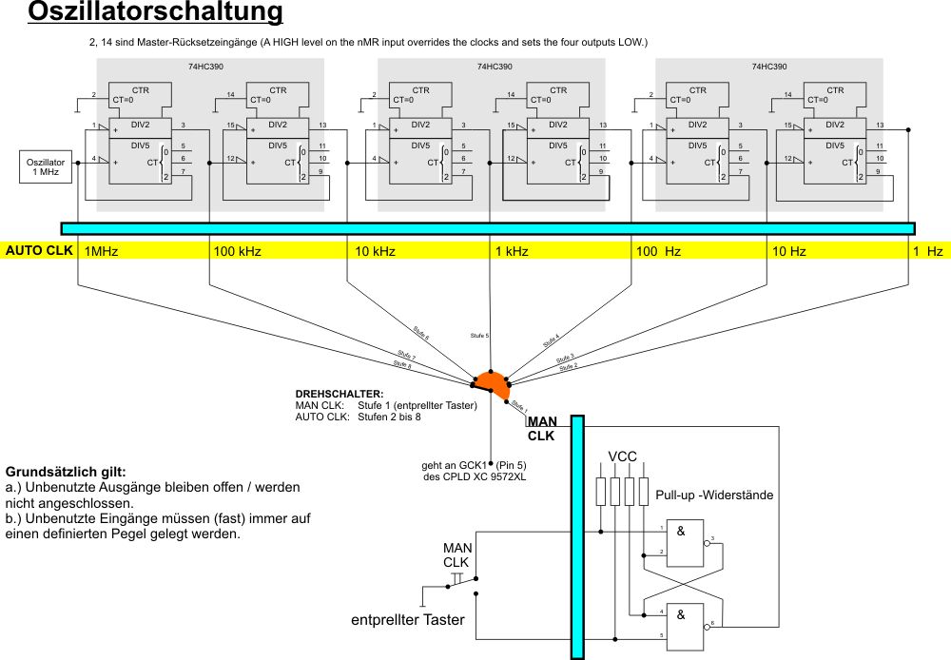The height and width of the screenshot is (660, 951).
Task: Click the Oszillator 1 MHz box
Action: coord(39,167)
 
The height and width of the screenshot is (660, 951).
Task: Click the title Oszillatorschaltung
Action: coord(156,12)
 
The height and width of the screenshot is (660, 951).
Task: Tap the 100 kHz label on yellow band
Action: coord(238,252)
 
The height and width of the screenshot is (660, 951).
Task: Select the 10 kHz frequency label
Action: coord(375,252)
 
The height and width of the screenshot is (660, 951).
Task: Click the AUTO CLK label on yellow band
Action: coord(39,252)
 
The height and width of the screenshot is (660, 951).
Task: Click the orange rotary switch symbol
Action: coord(493,383)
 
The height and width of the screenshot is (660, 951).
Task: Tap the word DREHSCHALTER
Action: coord(339,394)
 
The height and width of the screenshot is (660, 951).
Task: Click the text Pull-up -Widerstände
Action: coord(714,495)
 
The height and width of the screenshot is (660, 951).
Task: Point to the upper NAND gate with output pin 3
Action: coord(687,543)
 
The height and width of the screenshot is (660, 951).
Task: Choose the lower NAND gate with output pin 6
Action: coord(687,623)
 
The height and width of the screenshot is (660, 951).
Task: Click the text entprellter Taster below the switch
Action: coord(408,621)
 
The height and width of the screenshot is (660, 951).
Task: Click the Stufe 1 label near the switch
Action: coord(518,406)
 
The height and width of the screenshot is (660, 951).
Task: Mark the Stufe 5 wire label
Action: coord(479,336)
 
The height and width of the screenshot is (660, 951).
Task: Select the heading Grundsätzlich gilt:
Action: coord(66,471)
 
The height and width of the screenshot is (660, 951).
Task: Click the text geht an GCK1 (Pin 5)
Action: coord(473,465)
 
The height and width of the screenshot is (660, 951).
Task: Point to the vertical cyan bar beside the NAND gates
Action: coord(576,536)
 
